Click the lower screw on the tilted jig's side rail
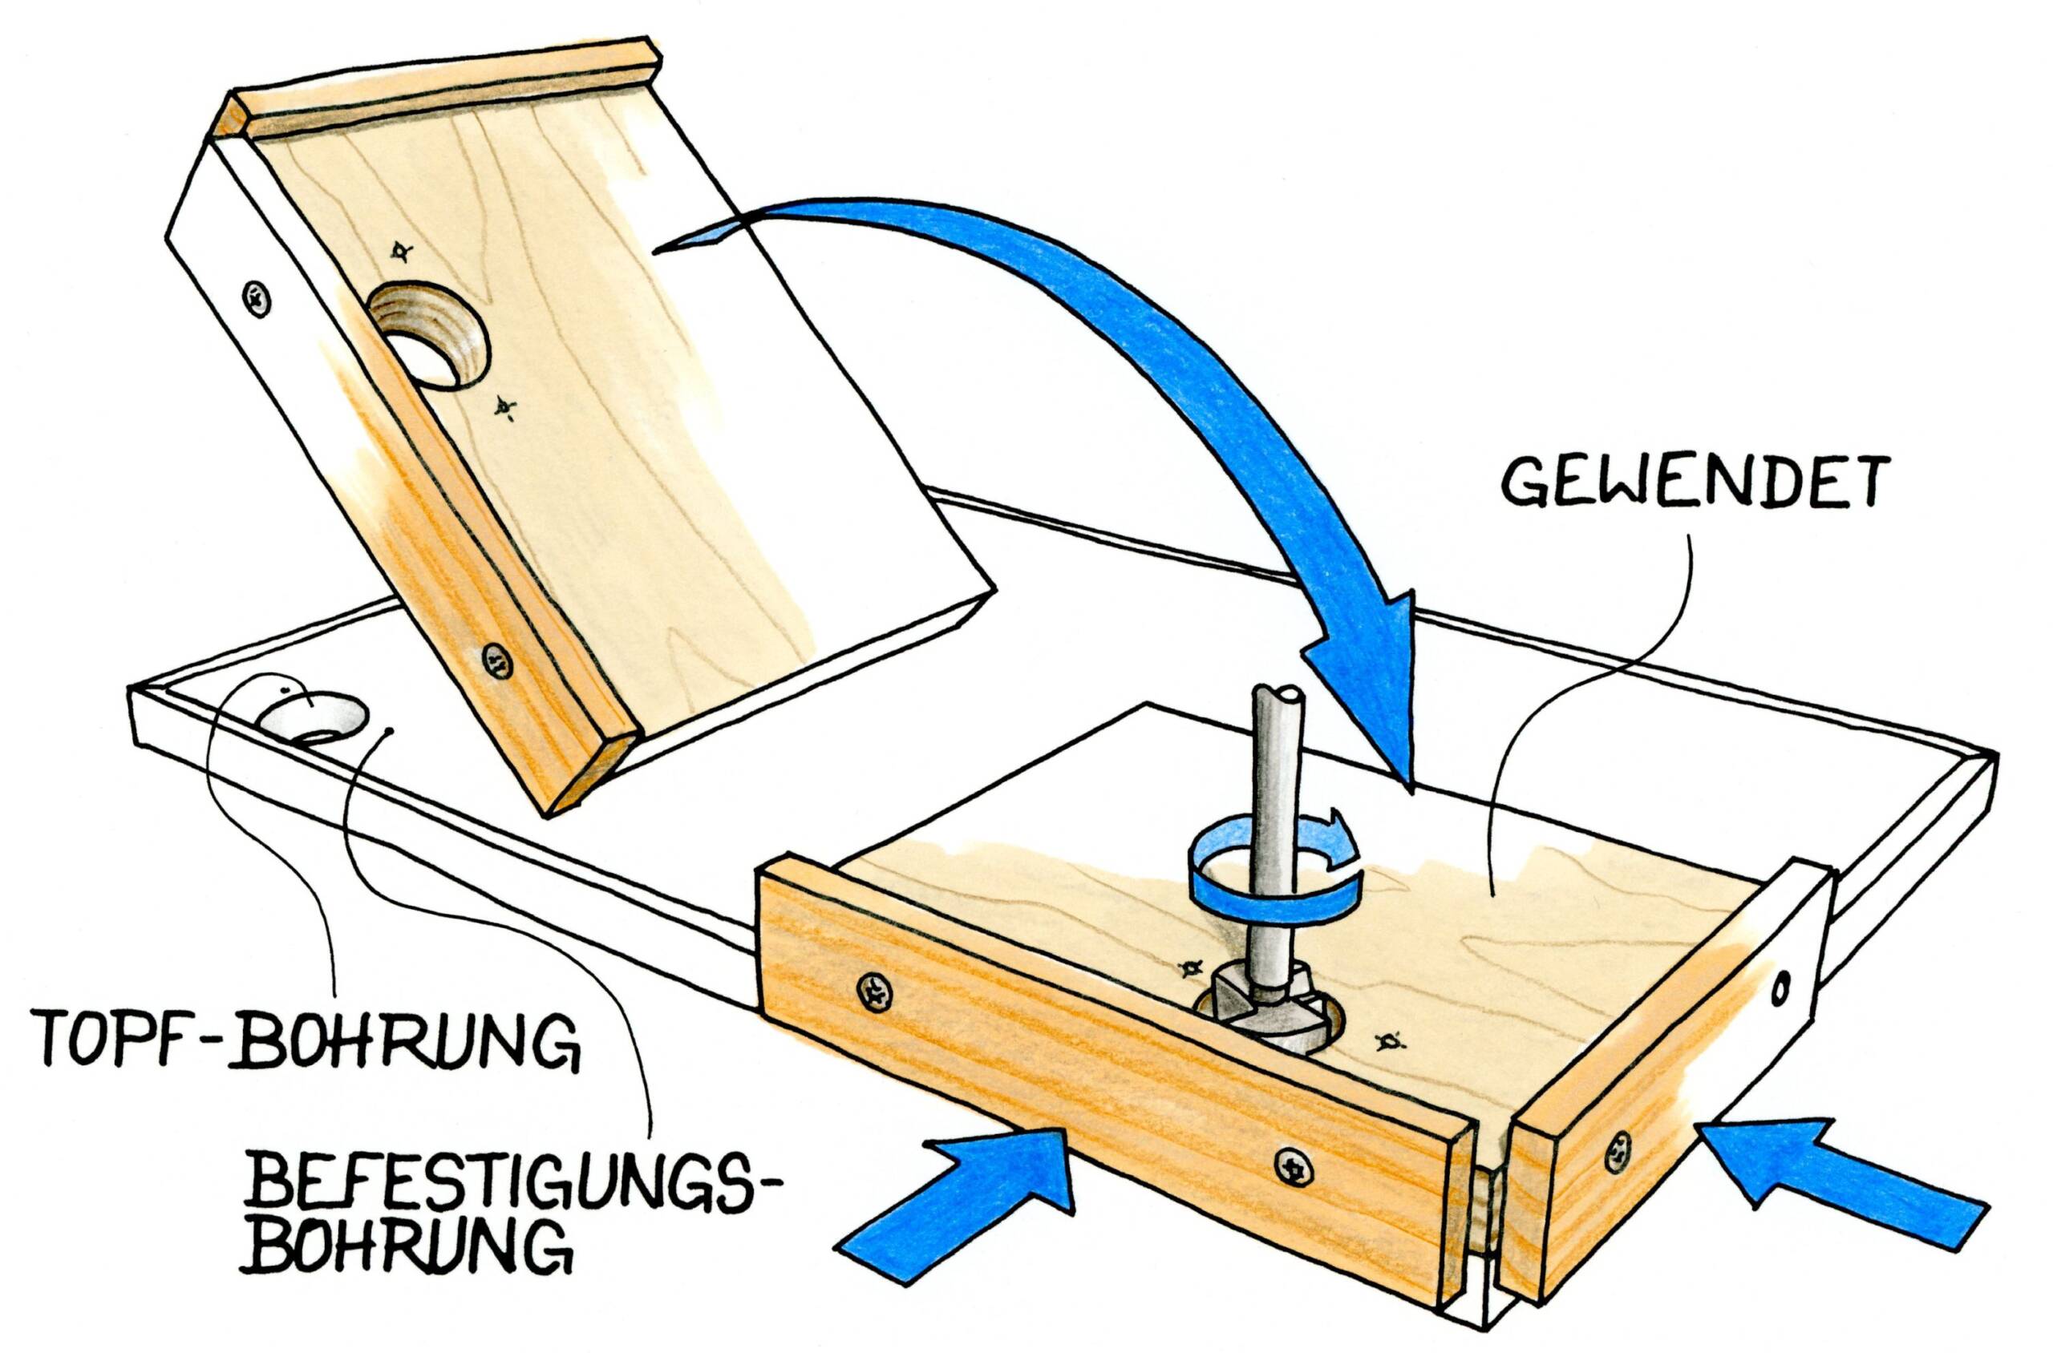click(x=498, y=660)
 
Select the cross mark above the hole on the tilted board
click(x=399, y=252)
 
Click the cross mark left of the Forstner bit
click(x=1189, y=968)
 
